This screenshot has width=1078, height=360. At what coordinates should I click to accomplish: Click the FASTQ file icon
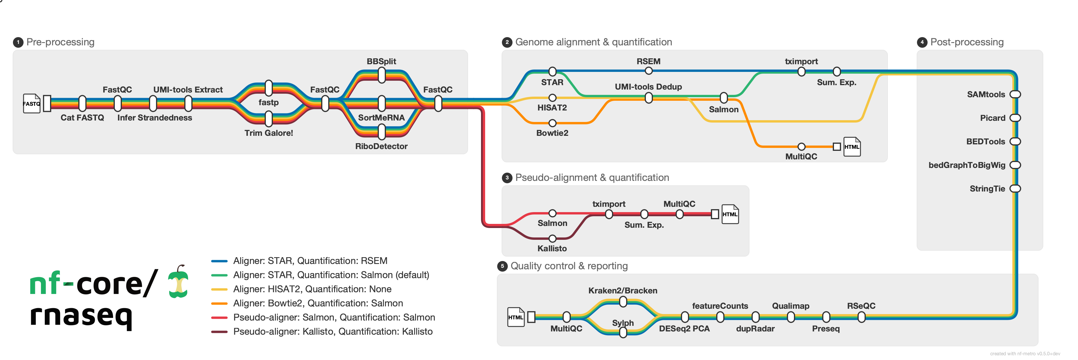coord(31,103)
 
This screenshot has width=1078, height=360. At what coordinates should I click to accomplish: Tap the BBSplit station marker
coord(381,76)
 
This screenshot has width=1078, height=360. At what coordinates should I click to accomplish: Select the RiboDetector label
coord(381,146)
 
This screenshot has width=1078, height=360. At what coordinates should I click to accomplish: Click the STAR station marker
coord(552,72)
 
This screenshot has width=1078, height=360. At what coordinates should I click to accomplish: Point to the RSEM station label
coord(648,61)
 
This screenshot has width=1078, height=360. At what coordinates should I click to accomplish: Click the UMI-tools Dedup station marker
coord(648,98)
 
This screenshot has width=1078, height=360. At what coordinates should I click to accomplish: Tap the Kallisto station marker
coord(552,239)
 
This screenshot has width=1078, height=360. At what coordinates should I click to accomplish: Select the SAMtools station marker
coord(1015,94)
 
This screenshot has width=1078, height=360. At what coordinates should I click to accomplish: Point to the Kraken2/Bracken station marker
coord(623,301)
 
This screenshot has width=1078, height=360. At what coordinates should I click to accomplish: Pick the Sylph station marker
coord(623,332)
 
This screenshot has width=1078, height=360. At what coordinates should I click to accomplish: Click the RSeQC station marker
coord(861,317)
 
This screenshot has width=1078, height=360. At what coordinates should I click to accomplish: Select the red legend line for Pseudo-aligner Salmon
coord(219,318)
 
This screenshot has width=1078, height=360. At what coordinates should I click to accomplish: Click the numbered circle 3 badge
coord(507,177)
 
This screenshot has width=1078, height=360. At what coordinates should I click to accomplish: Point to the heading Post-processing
coord(967,42)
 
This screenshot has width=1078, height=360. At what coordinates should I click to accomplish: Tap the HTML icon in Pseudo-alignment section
coord(730,214)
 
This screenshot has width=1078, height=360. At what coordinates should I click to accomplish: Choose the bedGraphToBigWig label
coord(967,165)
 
